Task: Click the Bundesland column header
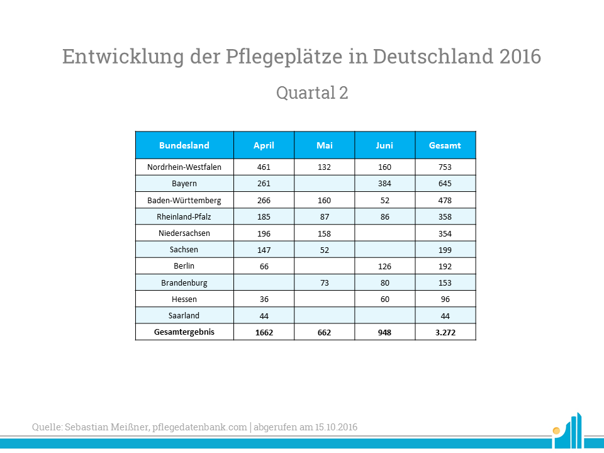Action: [x=184, y=145]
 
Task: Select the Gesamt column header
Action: [x=445, y=145]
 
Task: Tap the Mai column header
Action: [x=325, y=145]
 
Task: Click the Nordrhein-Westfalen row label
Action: [x=184, y=167]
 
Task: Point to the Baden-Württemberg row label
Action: [x=184, y=200]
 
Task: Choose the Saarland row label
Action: [x=184, y=315]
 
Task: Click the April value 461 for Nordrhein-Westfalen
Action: [x=264, y=167]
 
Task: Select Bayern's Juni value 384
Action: [x=384, y=184]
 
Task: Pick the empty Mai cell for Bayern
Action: [x=325, y=184]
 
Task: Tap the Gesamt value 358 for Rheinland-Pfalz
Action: [x=445, y=216]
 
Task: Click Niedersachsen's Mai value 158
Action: [x=325, y=233]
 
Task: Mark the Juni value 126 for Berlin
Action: [x=384, y=266]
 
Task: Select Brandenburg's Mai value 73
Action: [x=325, y=282]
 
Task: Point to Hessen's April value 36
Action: [x=264, y=299]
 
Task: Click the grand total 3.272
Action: [x=445, y=332]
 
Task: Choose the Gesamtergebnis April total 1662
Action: [x=264, y=332]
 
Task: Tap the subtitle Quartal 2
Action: [x=312, y=93]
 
